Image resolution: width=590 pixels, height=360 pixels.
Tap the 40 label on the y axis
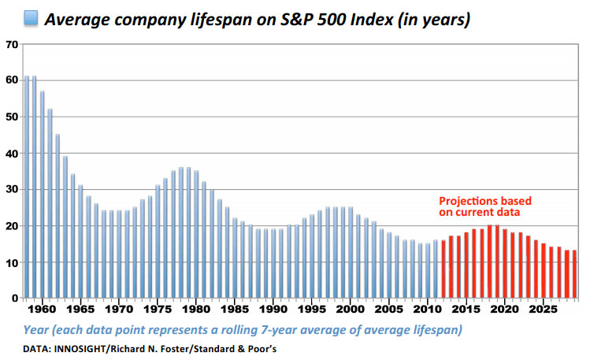pos(11,153)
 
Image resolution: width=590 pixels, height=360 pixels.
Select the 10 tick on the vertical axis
pos(11,262)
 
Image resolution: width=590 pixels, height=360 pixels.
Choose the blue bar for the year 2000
pos(351,253)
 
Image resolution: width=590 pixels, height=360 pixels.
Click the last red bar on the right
pos(574,275)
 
